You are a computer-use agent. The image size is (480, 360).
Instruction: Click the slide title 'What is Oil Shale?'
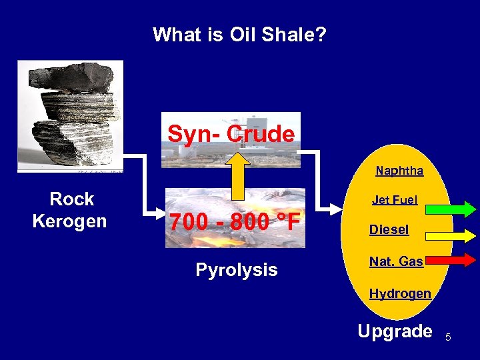[239, 34]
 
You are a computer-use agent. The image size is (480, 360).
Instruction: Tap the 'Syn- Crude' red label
[231, 134]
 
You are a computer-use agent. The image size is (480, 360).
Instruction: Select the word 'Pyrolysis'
[236, 270]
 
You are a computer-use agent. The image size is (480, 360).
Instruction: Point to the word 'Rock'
[72, 199]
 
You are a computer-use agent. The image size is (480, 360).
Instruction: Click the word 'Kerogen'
[69, 221]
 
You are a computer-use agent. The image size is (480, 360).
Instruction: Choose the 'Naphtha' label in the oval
[399, 171]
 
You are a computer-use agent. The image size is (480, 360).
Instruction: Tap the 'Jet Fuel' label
[395, 199]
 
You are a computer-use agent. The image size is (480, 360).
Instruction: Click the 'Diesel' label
[389, 229]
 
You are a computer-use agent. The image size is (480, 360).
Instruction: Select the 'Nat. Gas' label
[396, 261]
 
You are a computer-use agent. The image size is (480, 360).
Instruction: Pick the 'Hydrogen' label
[400, 293]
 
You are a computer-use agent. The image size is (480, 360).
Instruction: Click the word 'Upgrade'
[395, 331]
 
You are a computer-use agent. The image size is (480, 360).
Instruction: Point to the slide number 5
[449, 337]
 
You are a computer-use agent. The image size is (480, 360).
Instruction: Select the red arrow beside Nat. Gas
[451, 260]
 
